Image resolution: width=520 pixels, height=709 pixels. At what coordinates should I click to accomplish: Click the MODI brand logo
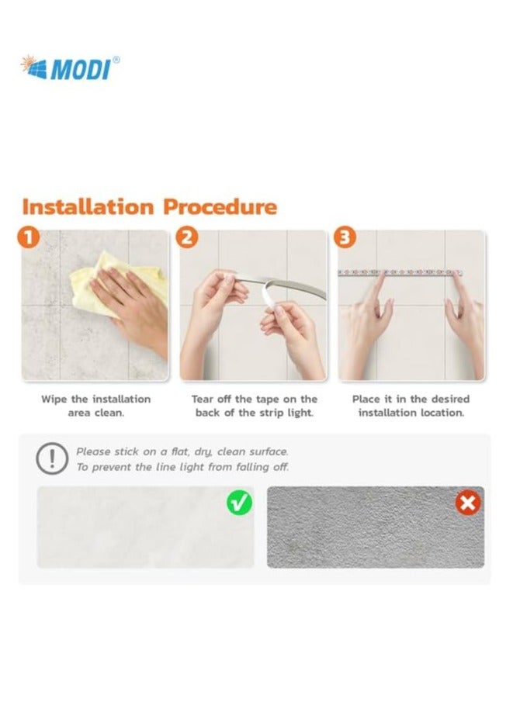point(70,67)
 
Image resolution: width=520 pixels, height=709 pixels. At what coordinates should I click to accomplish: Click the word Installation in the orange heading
point(88,207)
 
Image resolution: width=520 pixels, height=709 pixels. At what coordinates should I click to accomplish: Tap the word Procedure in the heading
point(220,207)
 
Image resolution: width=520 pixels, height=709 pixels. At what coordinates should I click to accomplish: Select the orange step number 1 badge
point(29,238)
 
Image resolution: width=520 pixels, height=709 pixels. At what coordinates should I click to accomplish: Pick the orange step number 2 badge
point(187,238)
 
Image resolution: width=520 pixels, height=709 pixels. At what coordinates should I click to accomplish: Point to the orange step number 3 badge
point(345,238)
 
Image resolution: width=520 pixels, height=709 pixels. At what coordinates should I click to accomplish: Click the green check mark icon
point(239,502)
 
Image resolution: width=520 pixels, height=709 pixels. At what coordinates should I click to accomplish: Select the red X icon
point(468,502)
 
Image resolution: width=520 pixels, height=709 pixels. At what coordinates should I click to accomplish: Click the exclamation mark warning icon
point(52,458)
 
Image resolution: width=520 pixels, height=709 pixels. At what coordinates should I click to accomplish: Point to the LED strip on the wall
point(400,272)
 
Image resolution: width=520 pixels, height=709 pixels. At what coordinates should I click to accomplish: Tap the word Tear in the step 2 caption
point(202,399)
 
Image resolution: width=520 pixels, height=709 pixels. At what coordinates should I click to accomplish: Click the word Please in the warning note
point(93,451)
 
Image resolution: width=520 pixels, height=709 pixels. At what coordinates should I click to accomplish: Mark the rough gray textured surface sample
point(376,527)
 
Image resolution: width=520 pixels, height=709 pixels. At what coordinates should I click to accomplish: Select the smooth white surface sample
point(145,527)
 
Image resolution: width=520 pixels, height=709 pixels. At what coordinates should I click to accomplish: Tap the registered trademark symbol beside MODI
point(116,60)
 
